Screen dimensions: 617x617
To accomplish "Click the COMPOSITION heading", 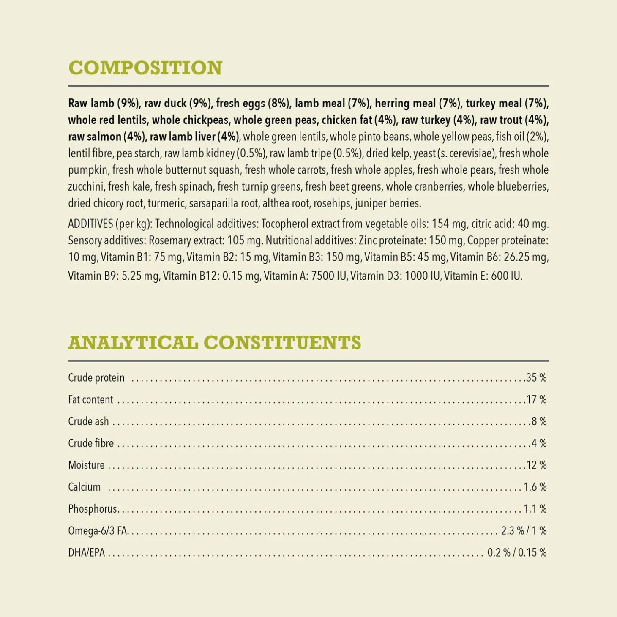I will (145, 68).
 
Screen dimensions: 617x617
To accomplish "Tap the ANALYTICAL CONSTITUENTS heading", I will (215, 343).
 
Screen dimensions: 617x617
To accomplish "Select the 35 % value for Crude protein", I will (536, 378).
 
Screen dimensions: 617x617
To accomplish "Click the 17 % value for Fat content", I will (536, 400).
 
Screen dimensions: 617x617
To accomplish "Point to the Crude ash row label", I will (88, 421).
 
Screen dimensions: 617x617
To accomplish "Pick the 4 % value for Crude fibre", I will (538, 443).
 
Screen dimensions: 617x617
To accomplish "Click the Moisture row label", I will (86, 465).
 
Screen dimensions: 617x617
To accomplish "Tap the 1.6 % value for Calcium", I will (535, 487).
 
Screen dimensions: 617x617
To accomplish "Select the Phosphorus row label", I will (92, 509).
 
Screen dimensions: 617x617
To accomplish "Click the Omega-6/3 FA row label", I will (98, 531).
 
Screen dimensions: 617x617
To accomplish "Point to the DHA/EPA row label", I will (86, 553).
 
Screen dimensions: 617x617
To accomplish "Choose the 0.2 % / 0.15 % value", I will (516, 553).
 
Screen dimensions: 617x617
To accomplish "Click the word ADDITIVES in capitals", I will (90, 224).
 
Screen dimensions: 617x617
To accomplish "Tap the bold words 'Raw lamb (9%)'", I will (104, 104).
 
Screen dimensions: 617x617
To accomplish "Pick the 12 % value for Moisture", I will (536, 465).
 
